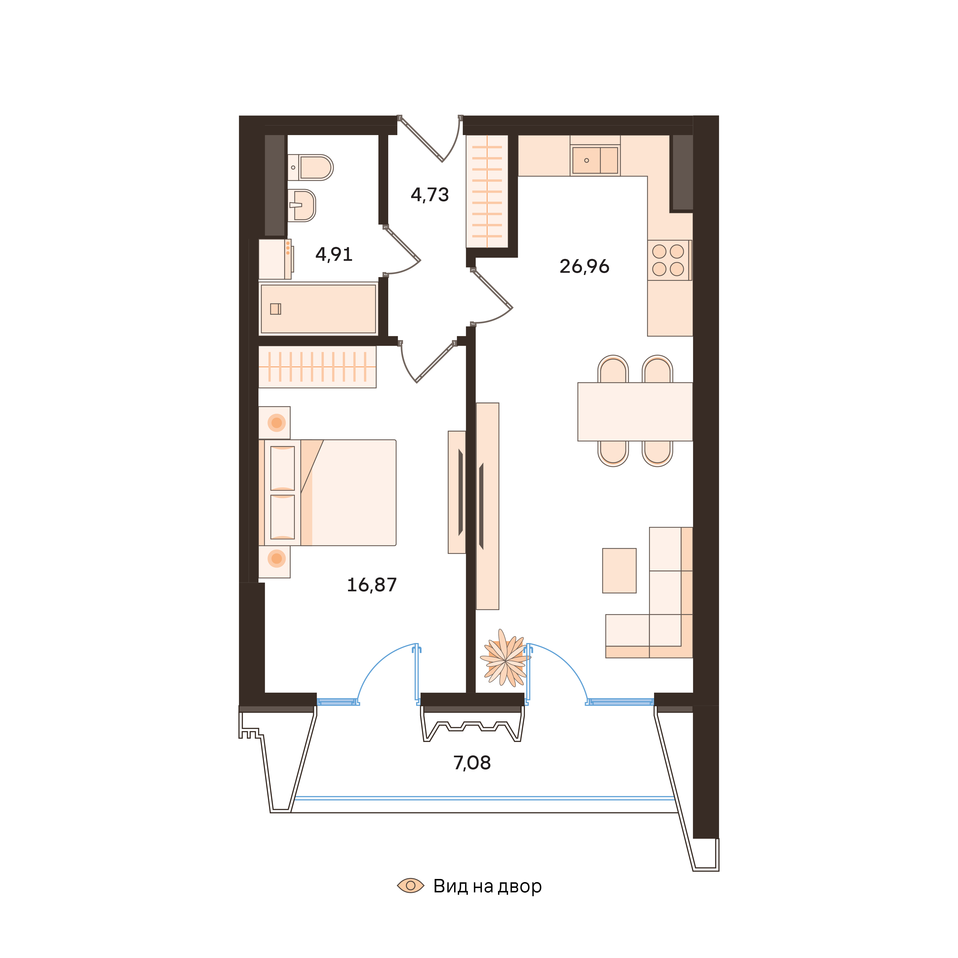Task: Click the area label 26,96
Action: [584, 267]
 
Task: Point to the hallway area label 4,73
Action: [429, 195]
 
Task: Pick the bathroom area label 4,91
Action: [334, 254]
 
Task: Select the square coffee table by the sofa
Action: [619, 570]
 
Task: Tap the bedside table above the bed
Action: [275, 422]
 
